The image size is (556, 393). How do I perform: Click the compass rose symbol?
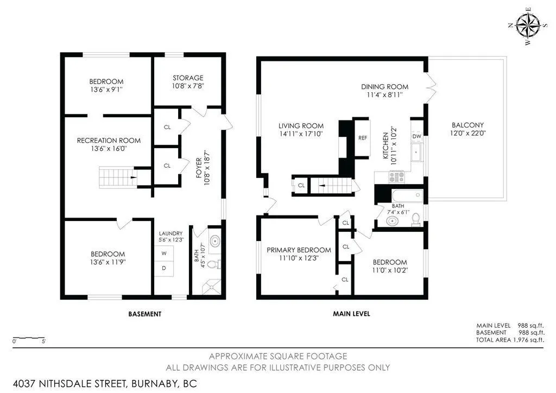click(528, 26)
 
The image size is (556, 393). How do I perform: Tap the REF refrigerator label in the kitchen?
click(362, 138)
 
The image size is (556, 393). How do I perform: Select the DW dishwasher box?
click(417, 136)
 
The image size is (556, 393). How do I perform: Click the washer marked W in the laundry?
click(164, 253)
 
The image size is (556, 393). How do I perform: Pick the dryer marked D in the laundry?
click(164, 268)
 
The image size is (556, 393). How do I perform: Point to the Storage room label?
click(188, 78)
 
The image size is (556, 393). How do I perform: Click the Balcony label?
click(467, 125)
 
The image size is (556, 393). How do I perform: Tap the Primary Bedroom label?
click(299, 250)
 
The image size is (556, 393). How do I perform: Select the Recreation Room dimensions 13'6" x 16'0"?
click(109, 149)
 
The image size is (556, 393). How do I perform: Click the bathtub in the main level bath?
click(407, 195)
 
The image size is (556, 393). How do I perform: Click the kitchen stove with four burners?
click(396, 176)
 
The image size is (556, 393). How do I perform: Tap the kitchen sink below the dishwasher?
click(416, 152)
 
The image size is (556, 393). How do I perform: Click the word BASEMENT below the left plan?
click(144, 314)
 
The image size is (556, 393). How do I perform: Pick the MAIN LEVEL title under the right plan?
click(351, 314)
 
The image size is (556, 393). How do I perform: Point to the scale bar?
click(29, 338)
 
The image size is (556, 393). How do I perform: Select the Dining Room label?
click(385, 87)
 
